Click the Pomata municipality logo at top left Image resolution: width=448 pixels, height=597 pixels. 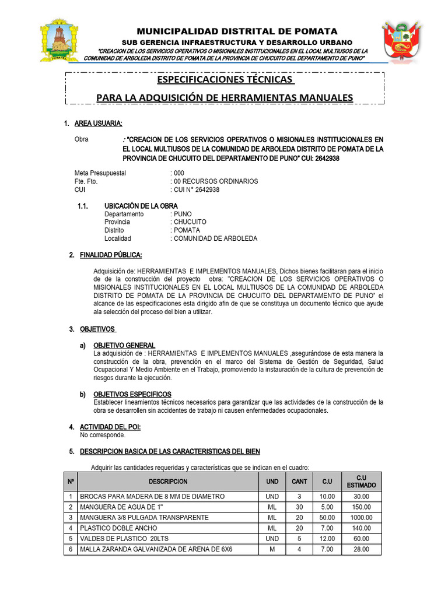coord(59,41)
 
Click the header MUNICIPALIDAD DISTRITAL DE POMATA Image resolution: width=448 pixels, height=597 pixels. coord(237,31)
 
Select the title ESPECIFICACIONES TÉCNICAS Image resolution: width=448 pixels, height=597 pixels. coord(225,79)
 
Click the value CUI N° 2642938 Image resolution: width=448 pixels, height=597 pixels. coord(197,189)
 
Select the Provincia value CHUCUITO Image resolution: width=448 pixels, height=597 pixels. coord(190,222)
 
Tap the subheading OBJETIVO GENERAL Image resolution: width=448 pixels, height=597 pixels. coord(124,346)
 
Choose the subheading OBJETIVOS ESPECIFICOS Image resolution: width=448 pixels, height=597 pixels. coord(132,395)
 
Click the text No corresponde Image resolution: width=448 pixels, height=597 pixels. coord(102,435)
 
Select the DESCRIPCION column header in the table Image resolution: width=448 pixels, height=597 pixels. coord(168,482)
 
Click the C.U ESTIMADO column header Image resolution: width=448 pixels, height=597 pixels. coord(362,482)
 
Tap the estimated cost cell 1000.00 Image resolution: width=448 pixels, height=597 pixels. coord(362,518)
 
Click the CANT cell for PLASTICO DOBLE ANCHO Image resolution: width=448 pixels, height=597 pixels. coord(299,528)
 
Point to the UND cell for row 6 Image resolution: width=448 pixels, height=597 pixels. coord(272,549)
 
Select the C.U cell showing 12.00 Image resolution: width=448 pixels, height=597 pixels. coord(327,539)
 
